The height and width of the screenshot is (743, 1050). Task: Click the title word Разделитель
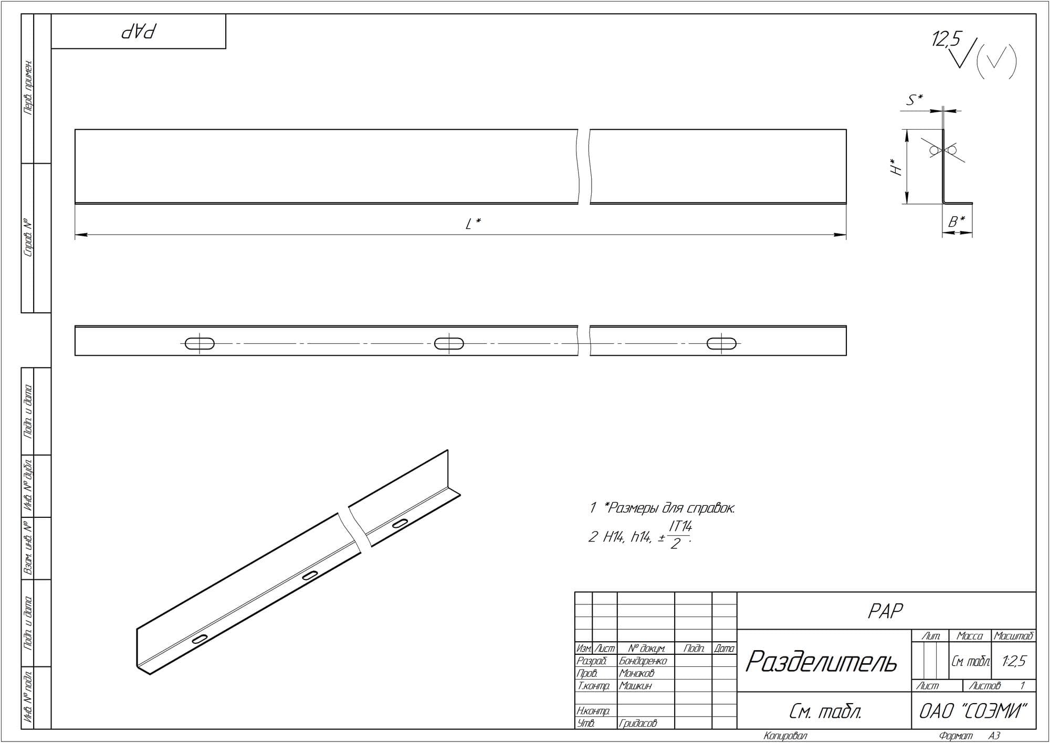coord(821,661)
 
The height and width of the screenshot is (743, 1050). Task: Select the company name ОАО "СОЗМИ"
coord(973,711)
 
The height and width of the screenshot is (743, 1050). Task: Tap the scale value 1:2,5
coord(1013,661)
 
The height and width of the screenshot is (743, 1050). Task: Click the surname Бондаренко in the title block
coord(643,661)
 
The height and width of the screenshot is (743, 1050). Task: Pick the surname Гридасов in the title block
coord(638,723)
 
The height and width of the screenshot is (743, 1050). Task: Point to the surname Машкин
coord(635,685)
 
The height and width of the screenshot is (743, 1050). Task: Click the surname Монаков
coord(637,673)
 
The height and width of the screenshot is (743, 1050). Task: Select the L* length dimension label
coord(474,224)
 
